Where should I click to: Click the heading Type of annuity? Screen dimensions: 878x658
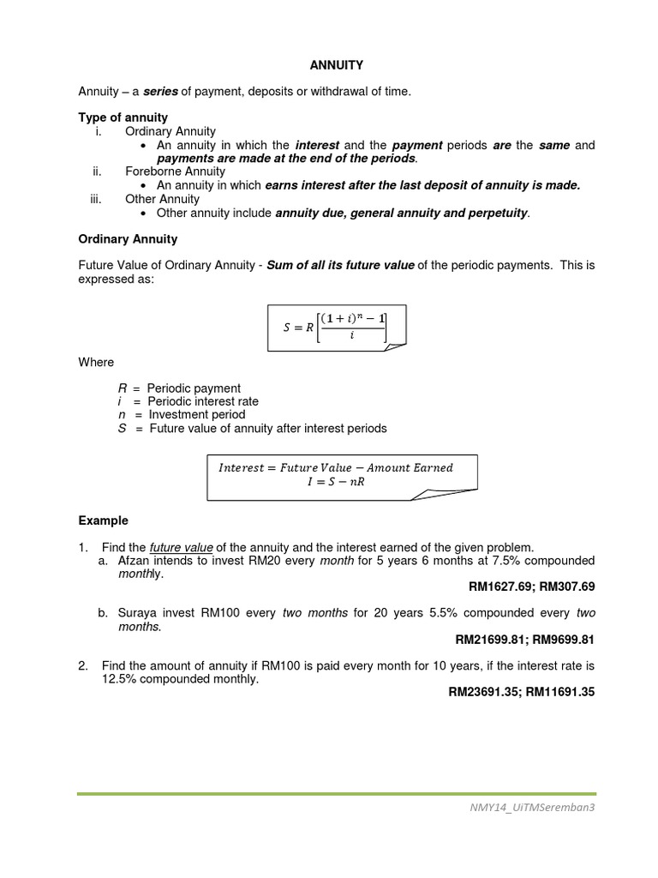(123, 117)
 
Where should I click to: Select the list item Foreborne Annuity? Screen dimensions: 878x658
(175, 171)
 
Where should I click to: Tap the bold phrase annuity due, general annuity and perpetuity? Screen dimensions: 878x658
(402, 213)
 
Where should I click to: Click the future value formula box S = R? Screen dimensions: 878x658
(336, 327)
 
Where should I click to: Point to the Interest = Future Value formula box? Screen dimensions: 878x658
(340, 475)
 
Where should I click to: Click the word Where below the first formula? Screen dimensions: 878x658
(96, 362)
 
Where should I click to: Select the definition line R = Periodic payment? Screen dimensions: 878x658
(179, 388)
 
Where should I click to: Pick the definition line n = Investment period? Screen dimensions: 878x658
(181, 415)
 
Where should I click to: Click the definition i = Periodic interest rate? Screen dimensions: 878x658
(188, 401)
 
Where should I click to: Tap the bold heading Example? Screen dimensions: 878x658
(103, 520)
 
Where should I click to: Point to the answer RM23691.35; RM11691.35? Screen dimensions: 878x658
(521, 692)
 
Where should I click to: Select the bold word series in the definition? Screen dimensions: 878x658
(159, 91)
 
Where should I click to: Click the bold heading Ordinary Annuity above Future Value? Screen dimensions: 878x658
(128, 238)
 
